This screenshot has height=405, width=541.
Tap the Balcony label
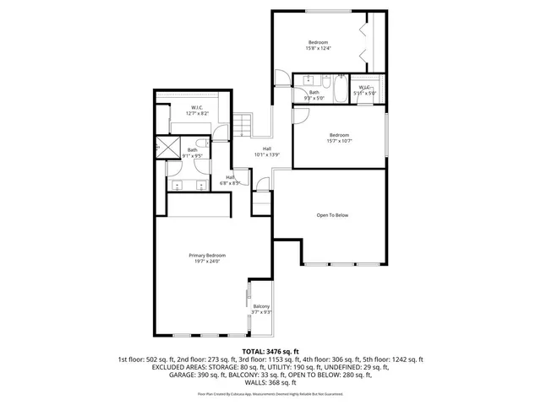point(261,309)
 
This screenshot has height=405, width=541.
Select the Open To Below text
point(332,215)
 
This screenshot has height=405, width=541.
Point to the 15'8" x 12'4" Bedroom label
point(318,46)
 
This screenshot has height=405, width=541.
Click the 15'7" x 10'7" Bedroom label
point(339,138)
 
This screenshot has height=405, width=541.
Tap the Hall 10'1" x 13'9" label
point(266,152)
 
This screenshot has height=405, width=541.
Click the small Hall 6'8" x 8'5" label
point(230,179)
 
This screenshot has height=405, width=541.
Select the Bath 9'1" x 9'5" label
point(192,153)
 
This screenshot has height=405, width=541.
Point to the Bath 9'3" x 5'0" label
point(314,94)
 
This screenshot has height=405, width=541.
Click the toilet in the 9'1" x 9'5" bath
point(197,141)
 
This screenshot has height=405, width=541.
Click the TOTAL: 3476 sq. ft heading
point(270,351)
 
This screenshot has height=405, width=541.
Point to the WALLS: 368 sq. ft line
point(270,382)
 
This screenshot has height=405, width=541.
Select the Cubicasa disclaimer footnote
point(270,393)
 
